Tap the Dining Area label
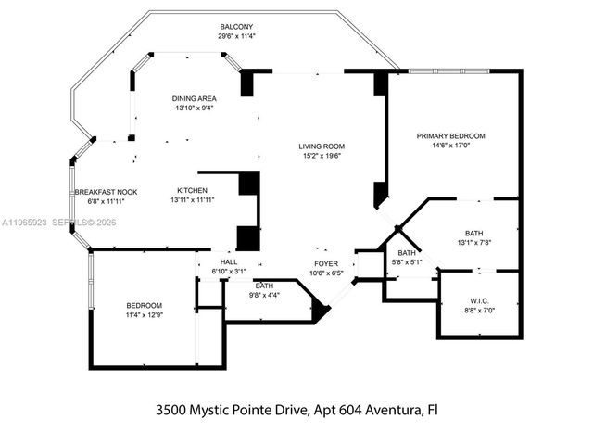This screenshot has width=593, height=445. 194,98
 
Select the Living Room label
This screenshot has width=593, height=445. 321,146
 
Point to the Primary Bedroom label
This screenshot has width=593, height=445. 450,136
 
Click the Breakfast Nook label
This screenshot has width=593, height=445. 106,192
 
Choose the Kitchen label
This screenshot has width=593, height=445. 192,192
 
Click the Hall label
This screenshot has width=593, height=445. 228,262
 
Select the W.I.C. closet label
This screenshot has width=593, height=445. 479,300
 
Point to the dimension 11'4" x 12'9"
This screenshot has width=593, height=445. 144,315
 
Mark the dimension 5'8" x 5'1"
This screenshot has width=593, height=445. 407,262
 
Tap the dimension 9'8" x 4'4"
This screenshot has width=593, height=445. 265,295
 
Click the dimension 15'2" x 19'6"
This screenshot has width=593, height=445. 321,156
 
